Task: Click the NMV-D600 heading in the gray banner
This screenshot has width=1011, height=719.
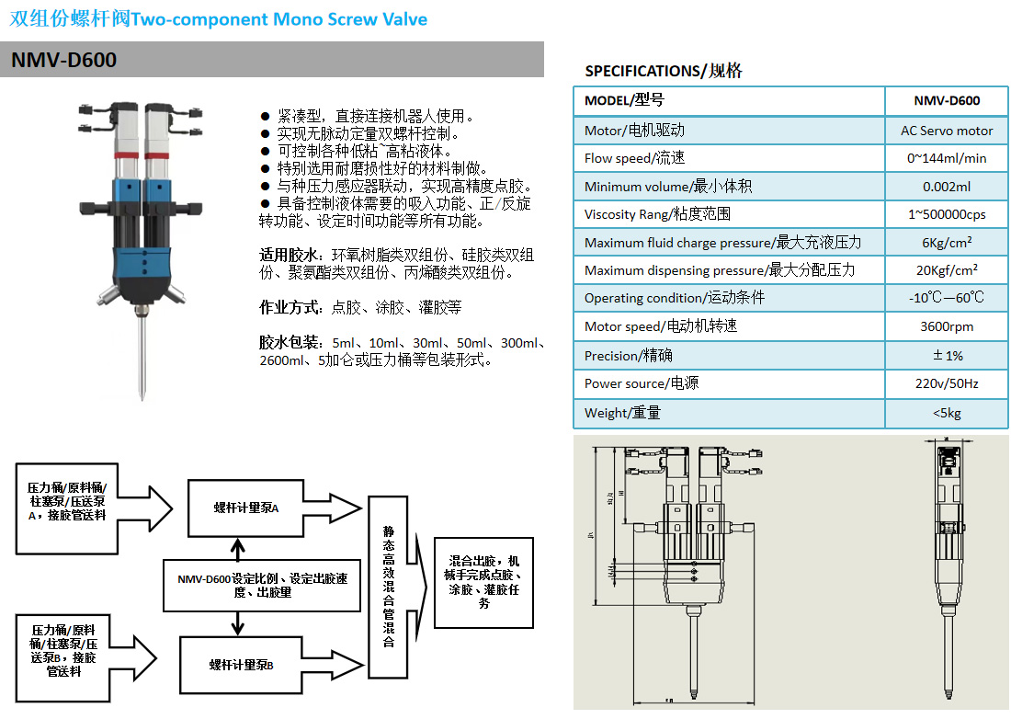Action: (x=64, y=61)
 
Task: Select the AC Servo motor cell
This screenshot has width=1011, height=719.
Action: (x=946, y=131)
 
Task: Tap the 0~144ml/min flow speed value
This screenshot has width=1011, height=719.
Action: (x=946, y=158)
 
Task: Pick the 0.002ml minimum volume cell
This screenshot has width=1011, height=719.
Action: (x=946, y=187)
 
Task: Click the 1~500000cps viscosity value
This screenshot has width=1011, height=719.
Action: (x=946, y=214)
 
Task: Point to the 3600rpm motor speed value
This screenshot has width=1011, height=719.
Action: (x=946, y=326)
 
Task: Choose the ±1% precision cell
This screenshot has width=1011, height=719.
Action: (x=947, y=355)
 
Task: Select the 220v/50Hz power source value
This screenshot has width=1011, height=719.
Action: (x=946, y=383)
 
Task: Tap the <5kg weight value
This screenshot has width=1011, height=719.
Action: (x=946, y=413)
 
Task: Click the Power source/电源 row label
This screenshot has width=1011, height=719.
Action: (x=642, y=383)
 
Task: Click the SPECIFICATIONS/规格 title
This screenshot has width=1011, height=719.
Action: (x=664, y=71)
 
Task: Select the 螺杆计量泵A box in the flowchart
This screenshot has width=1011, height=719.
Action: (x=245, y=508)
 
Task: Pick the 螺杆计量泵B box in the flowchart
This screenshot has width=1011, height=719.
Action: (x=242, y=665)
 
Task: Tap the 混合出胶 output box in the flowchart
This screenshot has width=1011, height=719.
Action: (x=483, y=582)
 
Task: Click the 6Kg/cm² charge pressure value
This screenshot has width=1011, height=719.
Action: (x=946, y=243)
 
